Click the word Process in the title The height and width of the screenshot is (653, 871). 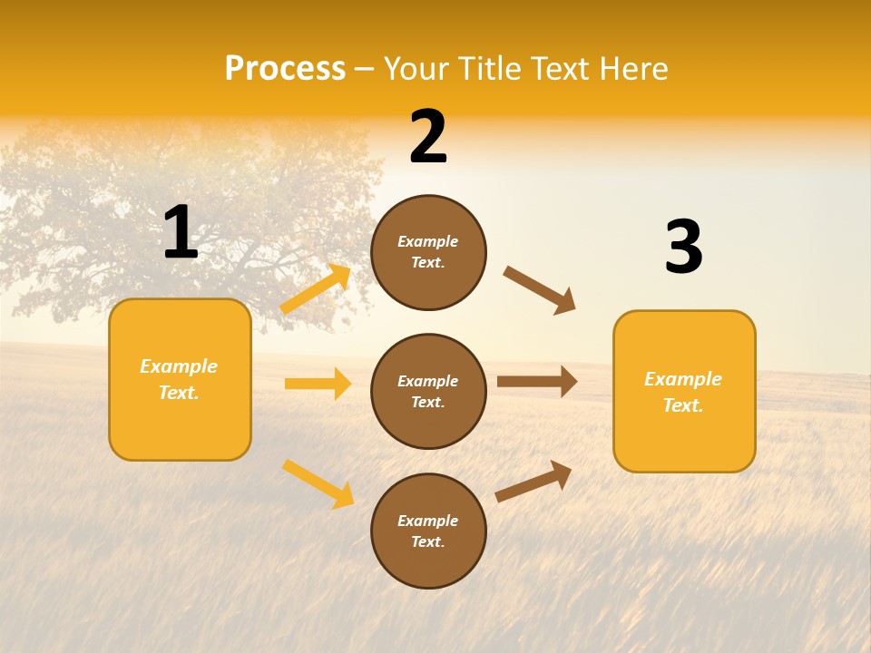(285, 69)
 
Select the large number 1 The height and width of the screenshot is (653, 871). (181, 233)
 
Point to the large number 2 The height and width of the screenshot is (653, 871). (428, 137)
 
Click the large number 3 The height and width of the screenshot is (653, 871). (683, 248)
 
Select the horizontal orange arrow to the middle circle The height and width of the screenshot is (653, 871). (318, 384)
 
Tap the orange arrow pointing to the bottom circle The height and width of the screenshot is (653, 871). (318, 482)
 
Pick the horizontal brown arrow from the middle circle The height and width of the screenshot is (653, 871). (536, 381)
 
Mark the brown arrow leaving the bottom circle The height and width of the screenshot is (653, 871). (533, 481)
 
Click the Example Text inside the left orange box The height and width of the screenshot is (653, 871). (179, 379)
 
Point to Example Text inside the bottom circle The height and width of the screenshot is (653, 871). (428, 531)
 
